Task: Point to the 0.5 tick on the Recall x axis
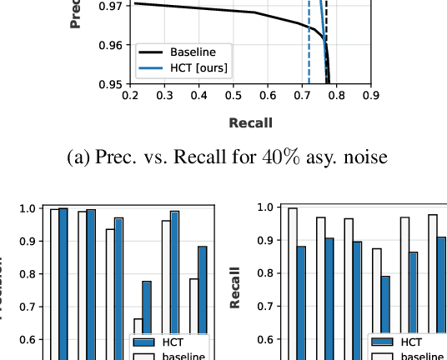coord(234,96)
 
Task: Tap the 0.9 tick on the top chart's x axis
coord(370,96)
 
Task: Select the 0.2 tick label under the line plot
coord(130,96)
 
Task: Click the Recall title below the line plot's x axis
coord(250,123)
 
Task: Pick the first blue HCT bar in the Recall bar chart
coord(301,300)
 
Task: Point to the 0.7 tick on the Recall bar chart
coord(265,306)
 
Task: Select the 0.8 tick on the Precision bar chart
coord(28,273)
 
